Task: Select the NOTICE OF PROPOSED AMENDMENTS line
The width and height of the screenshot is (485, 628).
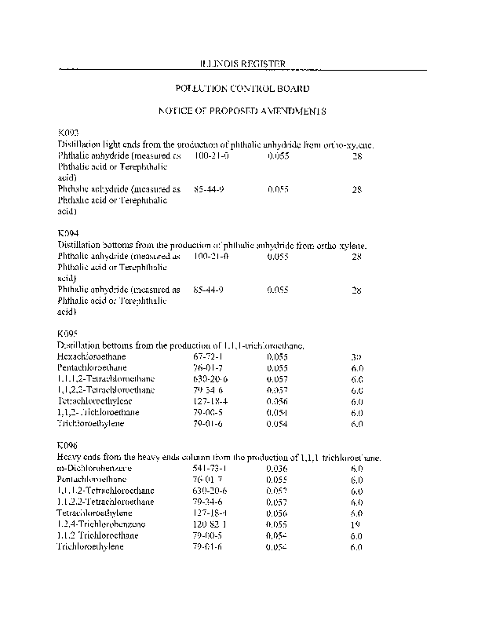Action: [x=242, y=111]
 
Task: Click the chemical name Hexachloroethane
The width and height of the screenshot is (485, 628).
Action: [x=92, y=356]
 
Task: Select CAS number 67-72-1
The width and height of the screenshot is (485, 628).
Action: [x=210, y=356]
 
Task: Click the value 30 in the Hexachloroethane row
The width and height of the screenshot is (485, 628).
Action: [x=356, y=357]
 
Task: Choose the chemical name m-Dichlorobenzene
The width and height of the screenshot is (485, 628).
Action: [x=95, y=468]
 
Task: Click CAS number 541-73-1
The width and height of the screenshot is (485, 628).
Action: [x=211, y=468]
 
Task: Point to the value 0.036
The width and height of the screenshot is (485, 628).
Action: [x=278, y=468]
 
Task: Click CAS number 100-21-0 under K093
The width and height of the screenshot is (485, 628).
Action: [x=211, y=156]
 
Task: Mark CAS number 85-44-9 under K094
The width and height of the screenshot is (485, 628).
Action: [x=210, y=290]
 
